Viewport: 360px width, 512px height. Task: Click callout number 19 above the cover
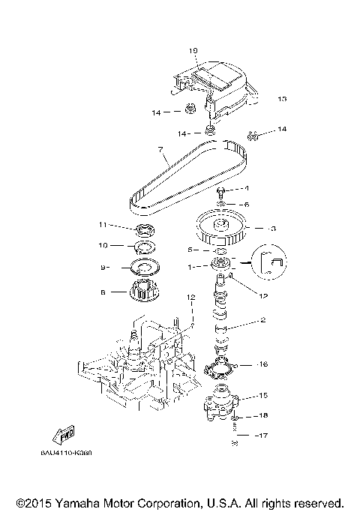193,51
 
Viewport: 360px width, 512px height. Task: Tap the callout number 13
282,98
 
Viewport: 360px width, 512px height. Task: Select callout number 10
103,245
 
